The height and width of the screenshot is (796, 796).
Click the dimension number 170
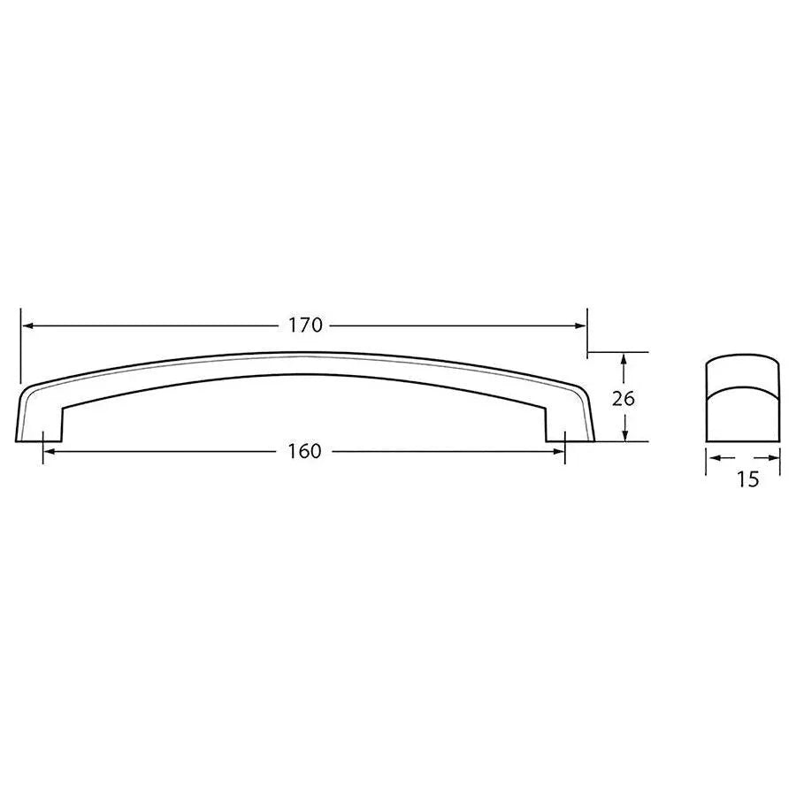[304, 325]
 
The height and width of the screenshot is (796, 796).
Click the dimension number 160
[304, 451]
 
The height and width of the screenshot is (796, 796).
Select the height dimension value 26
[624, 398]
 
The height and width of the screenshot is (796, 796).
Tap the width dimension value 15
[747, 480]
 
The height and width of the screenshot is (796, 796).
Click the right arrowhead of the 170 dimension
[580, 325]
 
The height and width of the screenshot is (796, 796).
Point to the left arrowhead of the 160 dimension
[50, 451]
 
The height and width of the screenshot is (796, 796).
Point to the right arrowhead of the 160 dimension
[558, 451]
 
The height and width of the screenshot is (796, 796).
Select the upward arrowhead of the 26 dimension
[624, 359]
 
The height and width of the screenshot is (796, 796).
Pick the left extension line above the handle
[19, 345]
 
